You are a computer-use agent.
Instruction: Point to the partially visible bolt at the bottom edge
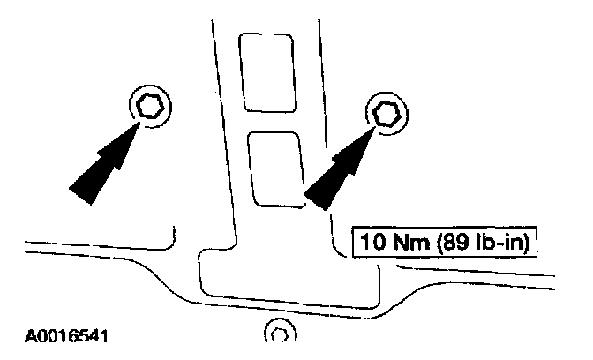(280, 334)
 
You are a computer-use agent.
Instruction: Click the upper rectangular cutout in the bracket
(268, 73)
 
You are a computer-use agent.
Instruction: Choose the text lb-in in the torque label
(494, 241)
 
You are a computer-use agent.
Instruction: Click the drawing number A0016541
(69, 336)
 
